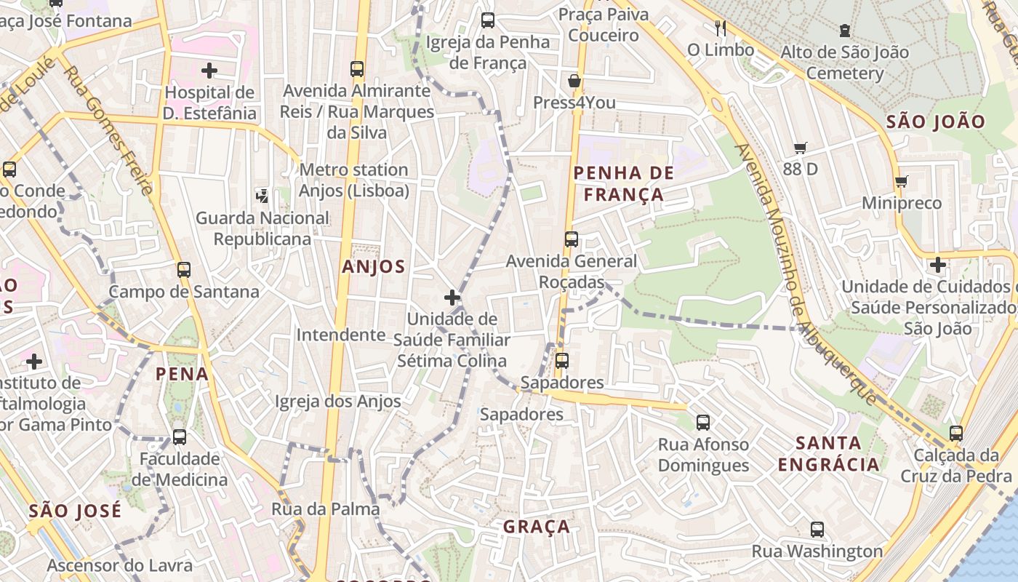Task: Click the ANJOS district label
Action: click(373, 267)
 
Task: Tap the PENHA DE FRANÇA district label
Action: click(618, 183)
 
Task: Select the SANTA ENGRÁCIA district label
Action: click(828, 453)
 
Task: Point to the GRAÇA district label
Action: click(537, 527)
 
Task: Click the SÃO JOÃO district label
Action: click(935, 121)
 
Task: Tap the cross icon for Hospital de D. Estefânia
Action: click(209, 71)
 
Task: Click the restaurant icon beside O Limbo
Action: click(720, 28)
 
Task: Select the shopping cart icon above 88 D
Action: click(800, 148)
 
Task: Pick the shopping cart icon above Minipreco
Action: click(902, 181)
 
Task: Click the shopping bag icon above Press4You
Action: click(574, 80)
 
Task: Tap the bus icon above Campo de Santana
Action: click(183, 270)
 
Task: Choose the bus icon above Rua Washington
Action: click(817, 530)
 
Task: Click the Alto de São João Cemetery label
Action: click(844, 63)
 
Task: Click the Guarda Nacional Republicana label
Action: click(262, 228)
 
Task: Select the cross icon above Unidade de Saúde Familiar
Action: click(452, 297)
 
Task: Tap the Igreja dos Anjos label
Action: click(337, 402)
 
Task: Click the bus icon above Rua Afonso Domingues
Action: click(702, 422)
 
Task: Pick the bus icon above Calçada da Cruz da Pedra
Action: click(955, 434)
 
